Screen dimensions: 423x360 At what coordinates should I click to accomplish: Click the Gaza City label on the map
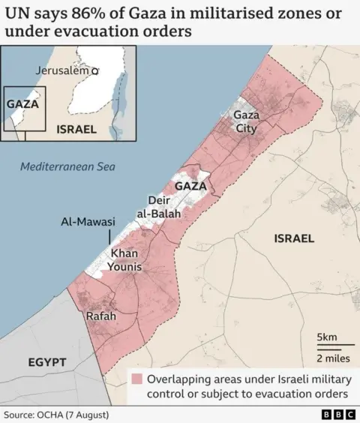pos(245,121)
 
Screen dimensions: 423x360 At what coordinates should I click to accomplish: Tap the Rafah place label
pos(101,316)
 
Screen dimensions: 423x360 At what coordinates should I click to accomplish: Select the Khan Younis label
pos(126,259)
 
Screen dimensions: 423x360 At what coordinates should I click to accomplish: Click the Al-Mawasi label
pos(88,222)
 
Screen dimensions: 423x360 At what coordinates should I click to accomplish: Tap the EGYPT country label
pos(47,362)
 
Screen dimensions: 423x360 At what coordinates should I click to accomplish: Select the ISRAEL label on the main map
pos(294,238)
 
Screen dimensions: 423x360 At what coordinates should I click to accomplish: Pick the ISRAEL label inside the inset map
pos(76,129)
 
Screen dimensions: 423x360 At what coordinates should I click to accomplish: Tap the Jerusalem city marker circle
pos(95,70)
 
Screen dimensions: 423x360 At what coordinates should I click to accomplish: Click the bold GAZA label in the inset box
pos(22,104)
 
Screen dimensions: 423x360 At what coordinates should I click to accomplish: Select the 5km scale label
pos(326,336)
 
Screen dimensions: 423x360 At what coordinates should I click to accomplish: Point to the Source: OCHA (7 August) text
pos(56,414)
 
